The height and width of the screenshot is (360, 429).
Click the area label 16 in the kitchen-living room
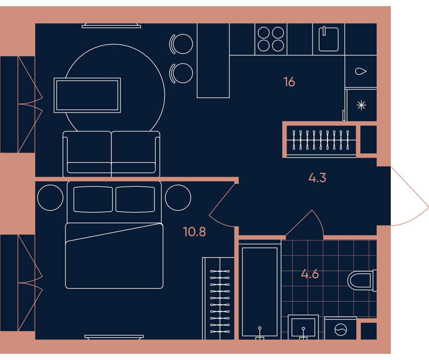[x=289, y=82]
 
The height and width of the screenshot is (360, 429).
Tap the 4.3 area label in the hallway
[x=317, y=178]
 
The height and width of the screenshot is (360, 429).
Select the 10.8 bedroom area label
[x=194, y=232]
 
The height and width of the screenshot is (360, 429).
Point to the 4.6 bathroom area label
[x=310, y=273]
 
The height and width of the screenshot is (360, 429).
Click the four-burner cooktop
[x=271, y=39]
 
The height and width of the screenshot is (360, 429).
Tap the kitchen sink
[x=329, y=39]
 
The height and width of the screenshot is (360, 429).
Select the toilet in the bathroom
[x=362, y=280]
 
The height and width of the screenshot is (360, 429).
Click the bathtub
[x=260, y=291]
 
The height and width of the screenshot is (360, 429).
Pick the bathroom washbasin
[x=303, y=327]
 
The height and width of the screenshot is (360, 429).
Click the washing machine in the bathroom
[x=341, y=329]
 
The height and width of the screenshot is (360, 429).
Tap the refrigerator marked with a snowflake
[x=361, y=105]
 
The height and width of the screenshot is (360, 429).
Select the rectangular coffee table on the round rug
[x=87, y=95]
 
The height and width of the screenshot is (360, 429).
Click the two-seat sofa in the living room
[x=112, y=154]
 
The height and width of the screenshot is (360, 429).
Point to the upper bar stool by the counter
[x=181, y=44]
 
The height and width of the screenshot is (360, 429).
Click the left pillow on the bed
[x=93, y=199]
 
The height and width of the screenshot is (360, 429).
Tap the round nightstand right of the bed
[x=178, y=198]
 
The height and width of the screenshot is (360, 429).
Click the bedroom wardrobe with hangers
[x=218, y=298]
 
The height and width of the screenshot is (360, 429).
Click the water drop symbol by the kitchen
[x=361, y=71]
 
